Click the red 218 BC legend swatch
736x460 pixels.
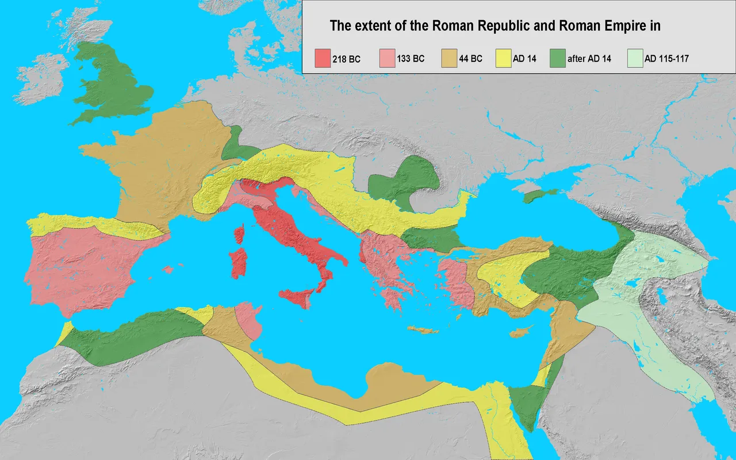(322, 58)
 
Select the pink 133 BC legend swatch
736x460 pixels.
(388, 58)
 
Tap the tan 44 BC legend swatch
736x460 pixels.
(448, 58)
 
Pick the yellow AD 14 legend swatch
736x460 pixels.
(503, 58)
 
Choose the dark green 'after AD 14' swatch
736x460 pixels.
(557, 58)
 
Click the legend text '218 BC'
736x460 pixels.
(346, 59)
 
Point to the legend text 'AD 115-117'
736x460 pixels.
(667, 59)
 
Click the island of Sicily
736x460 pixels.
(299, 297)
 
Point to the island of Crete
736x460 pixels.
(422, 330)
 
